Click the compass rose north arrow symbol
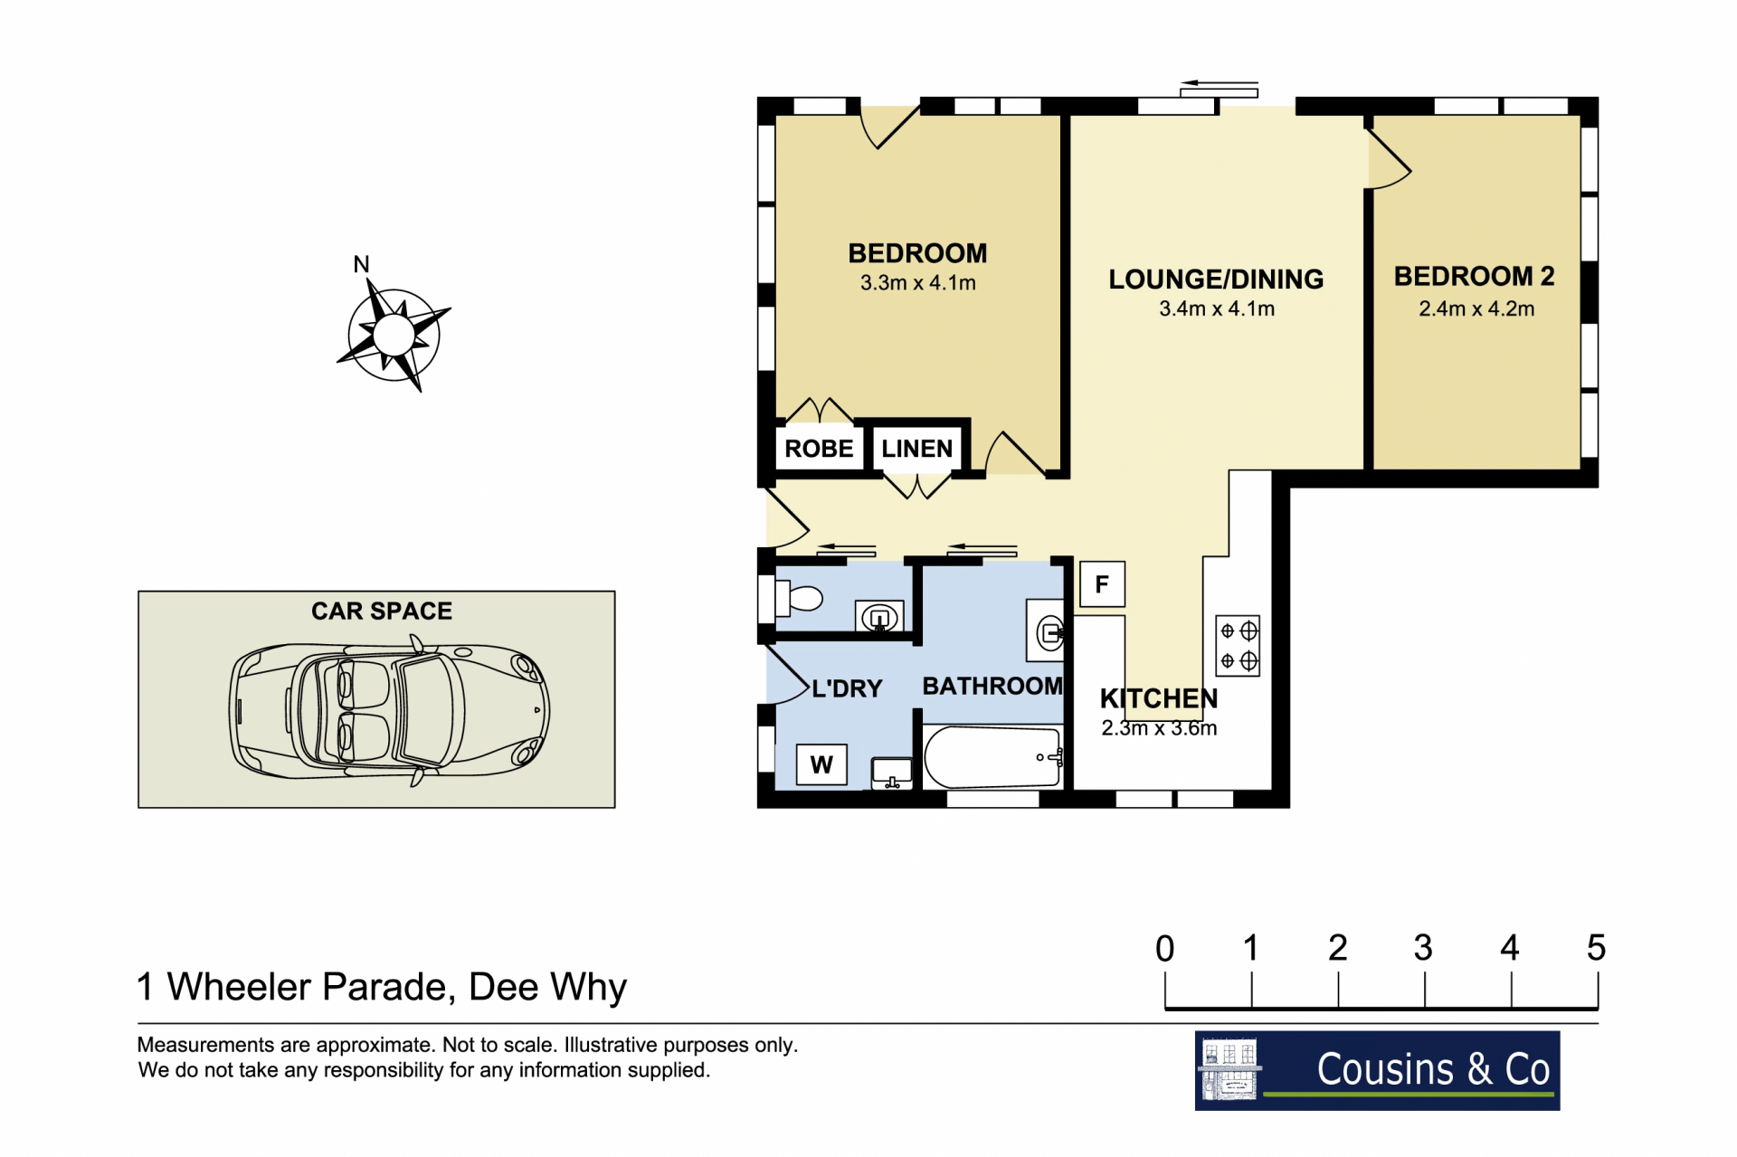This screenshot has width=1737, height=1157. pos(394,334)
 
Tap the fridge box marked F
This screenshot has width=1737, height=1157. pos(1102,584)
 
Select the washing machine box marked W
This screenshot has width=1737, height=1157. pos(821,764)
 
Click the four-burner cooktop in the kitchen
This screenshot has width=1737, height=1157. pos(1238,646)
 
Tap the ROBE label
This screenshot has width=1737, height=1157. pos(819,449)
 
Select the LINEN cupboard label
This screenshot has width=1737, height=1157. pos(916,449)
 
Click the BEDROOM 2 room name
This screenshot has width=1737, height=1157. pos(1474,276)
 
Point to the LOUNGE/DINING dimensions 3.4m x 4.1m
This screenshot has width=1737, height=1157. pos(1217,308)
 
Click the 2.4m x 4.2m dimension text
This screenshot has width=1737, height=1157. pos(1476,308)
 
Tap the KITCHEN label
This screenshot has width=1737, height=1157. pos(1159,698)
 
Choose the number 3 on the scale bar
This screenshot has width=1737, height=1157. pos(1423,948)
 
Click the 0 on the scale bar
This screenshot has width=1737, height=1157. pos(1165,948)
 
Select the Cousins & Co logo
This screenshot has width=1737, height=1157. pos(1377,1070)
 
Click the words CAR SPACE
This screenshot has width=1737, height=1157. pos(382,612)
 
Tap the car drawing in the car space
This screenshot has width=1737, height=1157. pos(389,710)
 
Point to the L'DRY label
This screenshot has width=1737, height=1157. pos(847,688)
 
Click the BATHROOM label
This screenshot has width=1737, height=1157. pos(992,686)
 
